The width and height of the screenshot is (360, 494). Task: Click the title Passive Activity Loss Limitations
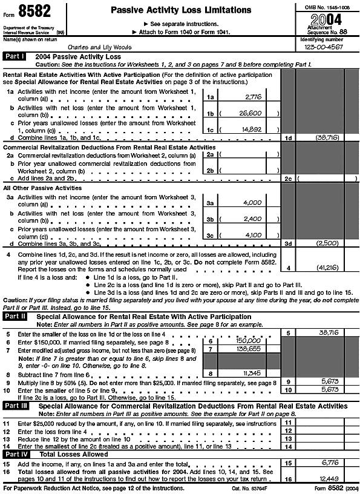point(181,10)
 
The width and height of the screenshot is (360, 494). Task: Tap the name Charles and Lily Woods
point(98,46)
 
